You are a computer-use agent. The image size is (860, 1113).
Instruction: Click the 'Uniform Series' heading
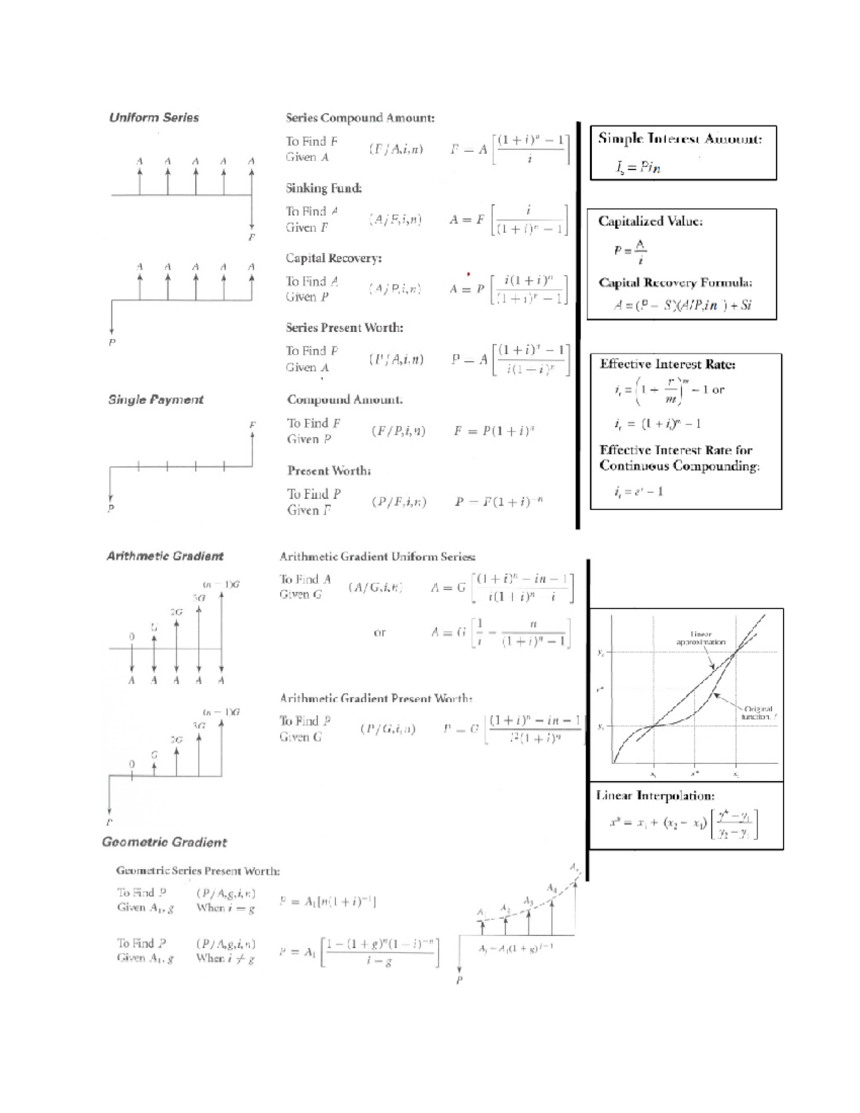point(153,118)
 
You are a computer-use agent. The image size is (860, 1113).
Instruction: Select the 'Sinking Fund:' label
point(323,188)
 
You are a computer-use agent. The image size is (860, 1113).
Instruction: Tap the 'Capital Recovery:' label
point(333,258)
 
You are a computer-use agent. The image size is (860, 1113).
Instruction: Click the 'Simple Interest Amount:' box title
point(679,139)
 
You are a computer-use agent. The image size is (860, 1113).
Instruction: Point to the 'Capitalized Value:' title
point(650,221)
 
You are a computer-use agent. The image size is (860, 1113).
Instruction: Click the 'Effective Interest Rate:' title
point(667,364)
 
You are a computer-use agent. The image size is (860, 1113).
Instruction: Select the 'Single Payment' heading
point(156,400)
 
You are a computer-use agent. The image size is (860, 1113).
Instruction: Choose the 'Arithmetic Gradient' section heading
point(165,556)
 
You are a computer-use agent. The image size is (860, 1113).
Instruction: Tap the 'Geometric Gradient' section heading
point(164,843)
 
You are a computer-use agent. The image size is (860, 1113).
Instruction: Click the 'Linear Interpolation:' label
point(655,796)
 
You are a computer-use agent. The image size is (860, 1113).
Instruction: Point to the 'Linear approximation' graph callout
point(700,638)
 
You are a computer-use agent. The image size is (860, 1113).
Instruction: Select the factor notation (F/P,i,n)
point(398,431)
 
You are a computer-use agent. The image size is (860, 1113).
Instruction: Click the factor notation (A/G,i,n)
point(376,588)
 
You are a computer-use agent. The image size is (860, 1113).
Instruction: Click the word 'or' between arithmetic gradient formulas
point(380,633)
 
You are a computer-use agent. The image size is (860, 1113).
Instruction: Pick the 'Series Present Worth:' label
point(344,328)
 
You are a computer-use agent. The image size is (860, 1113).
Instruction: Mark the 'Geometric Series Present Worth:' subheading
point(198,871)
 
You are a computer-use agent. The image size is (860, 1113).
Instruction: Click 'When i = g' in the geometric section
point(225,908)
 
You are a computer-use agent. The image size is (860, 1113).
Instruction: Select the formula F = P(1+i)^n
point(494,431)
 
